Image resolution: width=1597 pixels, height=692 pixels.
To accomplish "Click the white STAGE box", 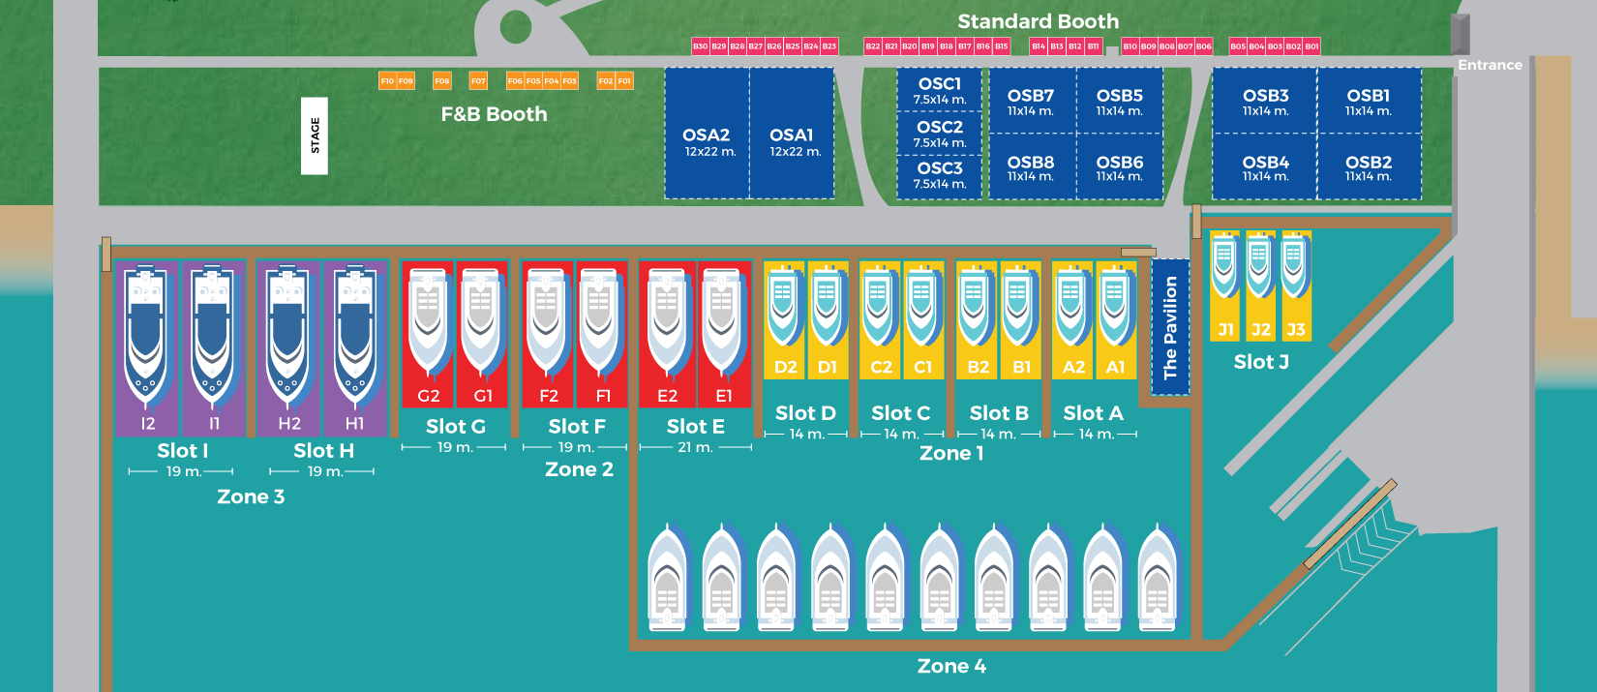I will click(315, 135).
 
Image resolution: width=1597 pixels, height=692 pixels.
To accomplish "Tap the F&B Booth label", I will click(494, 114).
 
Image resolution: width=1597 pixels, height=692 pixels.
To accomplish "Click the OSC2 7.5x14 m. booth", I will click(940, 134).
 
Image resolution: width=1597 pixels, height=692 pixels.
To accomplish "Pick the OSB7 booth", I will click(1031, 101).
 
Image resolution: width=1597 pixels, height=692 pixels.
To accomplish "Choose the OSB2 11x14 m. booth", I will click(1369, 167).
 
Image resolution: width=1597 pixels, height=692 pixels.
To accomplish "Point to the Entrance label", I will click(1490, 65).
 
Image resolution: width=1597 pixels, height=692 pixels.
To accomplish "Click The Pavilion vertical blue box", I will click(1170, 327).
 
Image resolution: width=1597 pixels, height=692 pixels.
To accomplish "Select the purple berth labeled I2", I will click(147, 348).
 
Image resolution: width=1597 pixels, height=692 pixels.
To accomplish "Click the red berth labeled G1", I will click(481, 334).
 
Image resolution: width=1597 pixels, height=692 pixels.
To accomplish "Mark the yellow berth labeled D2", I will click(784, 319).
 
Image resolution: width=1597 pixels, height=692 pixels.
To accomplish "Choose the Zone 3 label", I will click(251, 496).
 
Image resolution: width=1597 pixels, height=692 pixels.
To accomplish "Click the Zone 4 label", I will click(951, 666).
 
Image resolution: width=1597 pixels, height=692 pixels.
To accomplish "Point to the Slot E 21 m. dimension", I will click(695, 447).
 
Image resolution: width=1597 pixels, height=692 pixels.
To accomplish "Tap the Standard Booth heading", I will click(1038, 21).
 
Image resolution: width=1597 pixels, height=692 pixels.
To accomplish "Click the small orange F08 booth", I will click(442, 81).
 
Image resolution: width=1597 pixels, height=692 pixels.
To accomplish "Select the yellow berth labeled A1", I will click(1115, 319).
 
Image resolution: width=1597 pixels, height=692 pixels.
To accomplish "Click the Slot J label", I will click(1261, 362).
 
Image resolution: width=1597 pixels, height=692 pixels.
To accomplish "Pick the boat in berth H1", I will click(354, 334).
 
